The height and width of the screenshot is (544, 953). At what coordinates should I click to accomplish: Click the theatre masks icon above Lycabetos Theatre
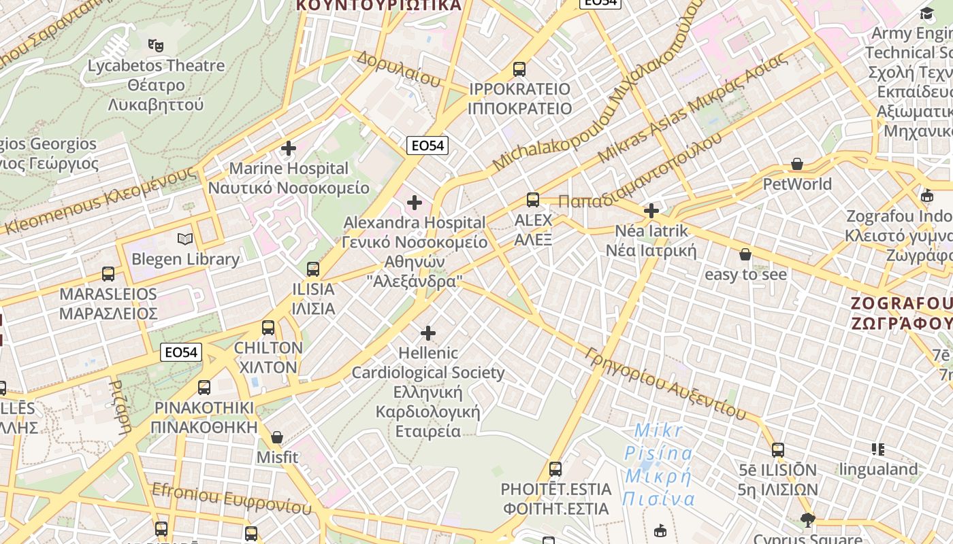click(x=156, y=46)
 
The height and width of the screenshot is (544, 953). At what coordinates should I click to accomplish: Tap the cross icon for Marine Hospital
click(x=289, y=148)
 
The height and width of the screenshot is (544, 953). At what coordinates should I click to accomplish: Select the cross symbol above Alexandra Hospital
click(x=414, y=202)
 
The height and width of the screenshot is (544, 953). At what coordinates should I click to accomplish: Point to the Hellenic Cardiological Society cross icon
click(x=427, y=333)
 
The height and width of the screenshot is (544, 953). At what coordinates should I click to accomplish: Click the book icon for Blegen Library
click(x=185, y=239)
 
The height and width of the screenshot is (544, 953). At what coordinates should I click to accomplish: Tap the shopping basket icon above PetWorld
click(x=797, y=164)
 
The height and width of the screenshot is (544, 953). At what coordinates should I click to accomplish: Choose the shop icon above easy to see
click(x=745, y=254)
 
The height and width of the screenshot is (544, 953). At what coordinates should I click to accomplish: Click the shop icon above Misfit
click(x=277, y=437)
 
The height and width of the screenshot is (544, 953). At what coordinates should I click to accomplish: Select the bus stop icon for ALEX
click(x=532, y=199)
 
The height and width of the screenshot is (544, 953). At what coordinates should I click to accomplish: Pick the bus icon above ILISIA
click(x=312, y=269)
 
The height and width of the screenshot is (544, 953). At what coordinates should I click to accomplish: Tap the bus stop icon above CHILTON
click(x=268, y=327)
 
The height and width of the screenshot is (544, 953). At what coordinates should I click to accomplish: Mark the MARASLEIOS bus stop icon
click(x=108, y=273)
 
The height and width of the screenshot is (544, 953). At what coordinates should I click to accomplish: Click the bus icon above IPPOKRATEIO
click(x=519, y=69)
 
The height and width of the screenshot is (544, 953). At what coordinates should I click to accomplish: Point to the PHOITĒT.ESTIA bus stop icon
click(x=555, y=469)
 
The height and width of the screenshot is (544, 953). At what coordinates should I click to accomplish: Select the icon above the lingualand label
click(x=878, y=449)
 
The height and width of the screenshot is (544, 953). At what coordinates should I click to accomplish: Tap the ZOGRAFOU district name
click(x=902, y=312)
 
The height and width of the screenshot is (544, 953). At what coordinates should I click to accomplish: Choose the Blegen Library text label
click(x=185, y=259)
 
